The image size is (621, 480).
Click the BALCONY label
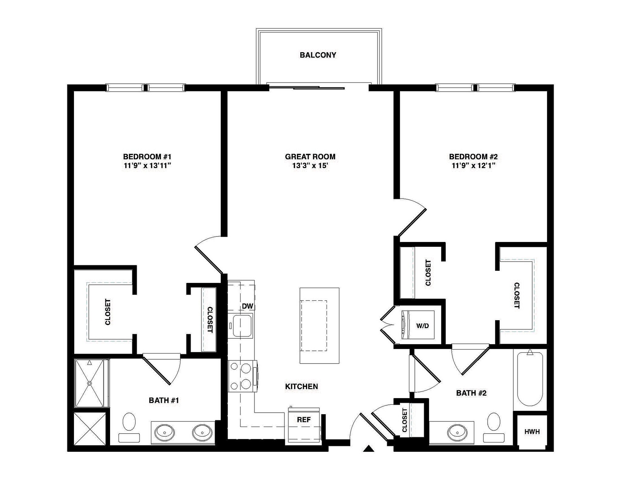click(x=318, y=55)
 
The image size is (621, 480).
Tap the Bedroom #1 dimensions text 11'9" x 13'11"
click(x=147, y=166)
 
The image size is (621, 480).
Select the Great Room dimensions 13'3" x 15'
click(x=310, y=166)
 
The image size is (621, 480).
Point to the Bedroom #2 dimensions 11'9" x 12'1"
click(x=473, y=166)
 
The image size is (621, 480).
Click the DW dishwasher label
click(x=247, y=306)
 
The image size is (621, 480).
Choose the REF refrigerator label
click(x=304, y=419)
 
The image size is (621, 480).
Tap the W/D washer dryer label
click(x=422, y=326)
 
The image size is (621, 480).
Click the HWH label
click(x=532, y=431)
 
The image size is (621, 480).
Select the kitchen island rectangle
click(x=319, y=325)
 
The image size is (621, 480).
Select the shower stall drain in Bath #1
click(x=89, y=383)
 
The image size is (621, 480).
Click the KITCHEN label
click(x=301, y=386)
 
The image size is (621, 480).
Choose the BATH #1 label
click(x=164, y=400)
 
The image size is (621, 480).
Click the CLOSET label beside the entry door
click(x=404, y=420)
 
